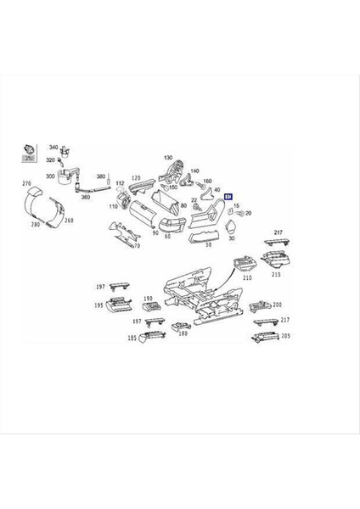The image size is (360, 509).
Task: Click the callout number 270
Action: (x=25, y=183)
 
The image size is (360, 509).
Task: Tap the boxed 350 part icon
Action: (x=28, y=154)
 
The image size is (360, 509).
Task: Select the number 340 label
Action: (x=53, y=148)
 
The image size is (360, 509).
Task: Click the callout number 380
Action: (x=100, y=176)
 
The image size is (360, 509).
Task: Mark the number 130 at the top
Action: (x=168, y=158)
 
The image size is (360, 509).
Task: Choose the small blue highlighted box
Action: (x=228, y=196)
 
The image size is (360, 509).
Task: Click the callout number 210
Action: (x=248, y=277)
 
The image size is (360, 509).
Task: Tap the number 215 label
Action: (x=275, y=274)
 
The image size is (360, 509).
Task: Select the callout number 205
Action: (x=284, y=336)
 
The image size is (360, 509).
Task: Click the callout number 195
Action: (x=98, y=305)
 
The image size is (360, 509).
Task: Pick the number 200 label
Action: (x=277, y=304)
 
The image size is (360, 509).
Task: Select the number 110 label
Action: (x=113, y=207)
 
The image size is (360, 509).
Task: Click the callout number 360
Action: (x=85, y=196)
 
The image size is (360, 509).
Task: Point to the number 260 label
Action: (x=69, y=221)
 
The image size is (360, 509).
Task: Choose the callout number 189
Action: (x=183, y=333)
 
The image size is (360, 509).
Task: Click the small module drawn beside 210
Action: (x=243, y=263)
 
